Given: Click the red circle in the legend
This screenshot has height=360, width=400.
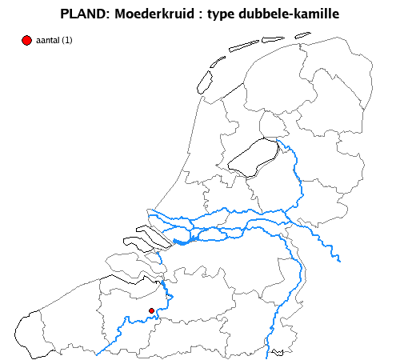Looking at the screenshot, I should [27, 40].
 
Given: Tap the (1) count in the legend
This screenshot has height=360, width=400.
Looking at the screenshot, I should [67, 41].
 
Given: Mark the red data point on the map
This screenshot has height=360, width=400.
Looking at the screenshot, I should [151, 310].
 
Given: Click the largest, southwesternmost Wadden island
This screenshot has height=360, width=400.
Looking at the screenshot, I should [204, 82].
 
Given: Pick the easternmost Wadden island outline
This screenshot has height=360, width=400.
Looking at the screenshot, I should [302, 35].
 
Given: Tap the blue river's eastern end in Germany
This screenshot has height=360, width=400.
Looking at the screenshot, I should [340, 259].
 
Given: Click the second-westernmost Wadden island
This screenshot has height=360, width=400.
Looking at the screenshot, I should [218, 62].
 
